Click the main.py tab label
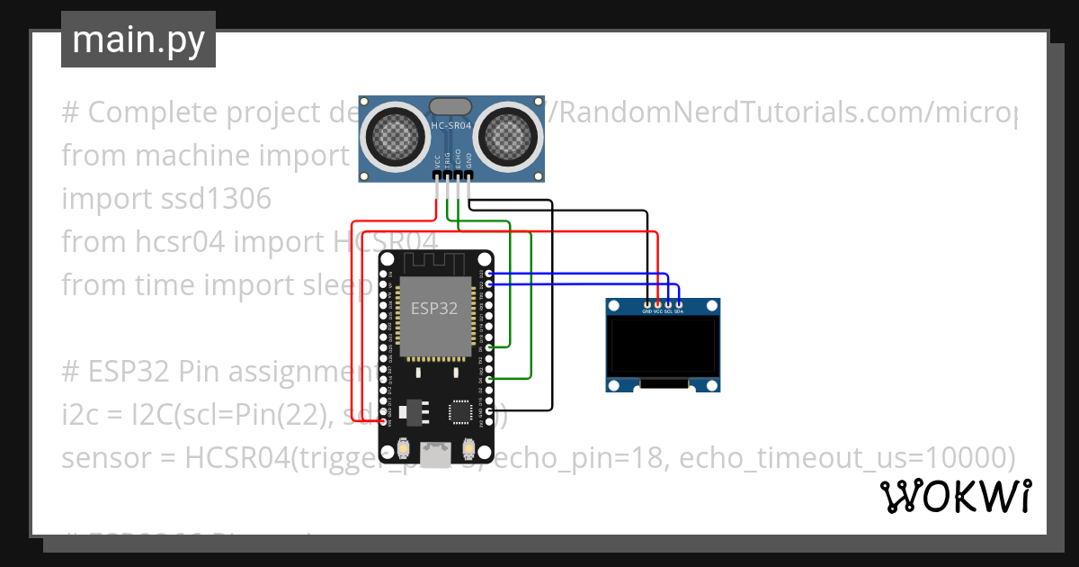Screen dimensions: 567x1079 pyautogui.click(x=138, y=40)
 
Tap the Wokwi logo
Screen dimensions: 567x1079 pyautogui.click(x=954, y=496)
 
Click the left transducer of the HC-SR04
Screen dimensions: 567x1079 pyautogui.click(x=392, y=135)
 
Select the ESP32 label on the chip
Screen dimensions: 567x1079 pyautogui.click(x=434, y=308)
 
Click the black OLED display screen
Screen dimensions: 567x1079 pyautogui.click(x=664, y=349)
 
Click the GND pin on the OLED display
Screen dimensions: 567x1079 pyautogui.click(x=647, y=305)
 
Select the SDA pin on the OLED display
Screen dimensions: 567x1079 pyautogui.click(x=679, y=305)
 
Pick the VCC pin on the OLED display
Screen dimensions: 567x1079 pyautogui.click(x=658, y=305)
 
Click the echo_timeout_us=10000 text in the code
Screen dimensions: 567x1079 pyautogui.click(x=847, y=458)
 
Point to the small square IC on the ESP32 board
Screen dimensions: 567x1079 pyautogui.click(x=460, y=410)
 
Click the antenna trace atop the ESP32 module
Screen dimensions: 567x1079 pyautogui.click(x=435, y=263)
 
